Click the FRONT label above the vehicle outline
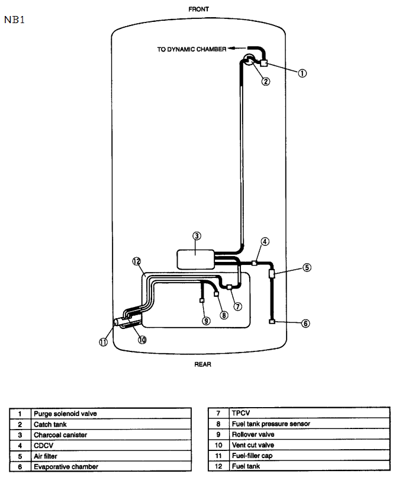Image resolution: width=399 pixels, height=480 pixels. [x=198, y=10]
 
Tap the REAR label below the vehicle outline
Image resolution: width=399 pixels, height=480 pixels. [x=202, y=364]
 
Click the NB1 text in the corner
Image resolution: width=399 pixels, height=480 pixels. [x=14, y=20]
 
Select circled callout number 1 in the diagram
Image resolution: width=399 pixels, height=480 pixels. [x=302, y=73]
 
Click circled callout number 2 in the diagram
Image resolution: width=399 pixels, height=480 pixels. [x=266, y=82]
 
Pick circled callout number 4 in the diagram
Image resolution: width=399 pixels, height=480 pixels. [x=265, y=242]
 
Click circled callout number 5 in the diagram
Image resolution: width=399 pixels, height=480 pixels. [x=307, y=267]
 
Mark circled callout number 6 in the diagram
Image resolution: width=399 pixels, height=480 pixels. [x=305, y=324]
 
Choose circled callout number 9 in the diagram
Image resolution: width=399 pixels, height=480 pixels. [x=206, y=321]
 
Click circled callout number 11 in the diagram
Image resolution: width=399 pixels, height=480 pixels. [x=103, y=342]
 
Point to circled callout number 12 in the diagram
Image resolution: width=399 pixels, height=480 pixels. [x=136, y=261]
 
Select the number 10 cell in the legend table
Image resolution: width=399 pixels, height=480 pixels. [x=218, y=445]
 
